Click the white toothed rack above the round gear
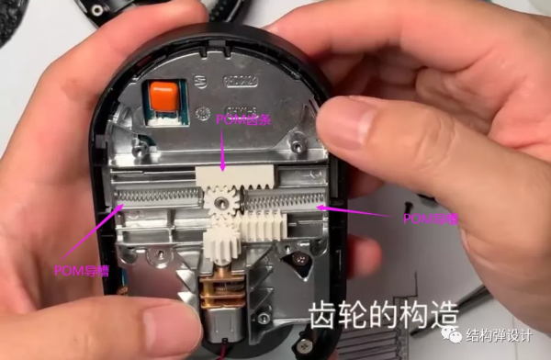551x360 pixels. click(229, 177)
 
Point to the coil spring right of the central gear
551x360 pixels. click(279, 198)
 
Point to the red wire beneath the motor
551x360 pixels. click(220, 353)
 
